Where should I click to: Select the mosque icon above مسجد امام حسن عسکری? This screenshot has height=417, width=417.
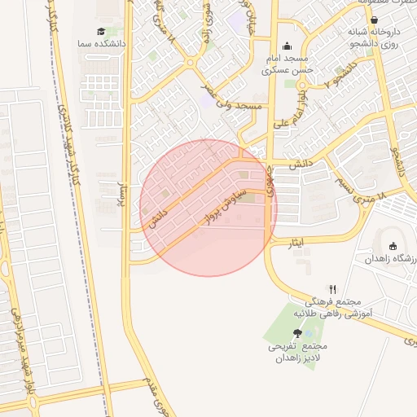287,46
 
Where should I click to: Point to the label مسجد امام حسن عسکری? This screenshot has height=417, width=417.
288,65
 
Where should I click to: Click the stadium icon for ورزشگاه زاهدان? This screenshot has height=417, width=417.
393,246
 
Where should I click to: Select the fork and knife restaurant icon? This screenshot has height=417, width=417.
332,289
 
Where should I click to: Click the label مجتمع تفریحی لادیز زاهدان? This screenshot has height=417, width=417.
296,353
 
